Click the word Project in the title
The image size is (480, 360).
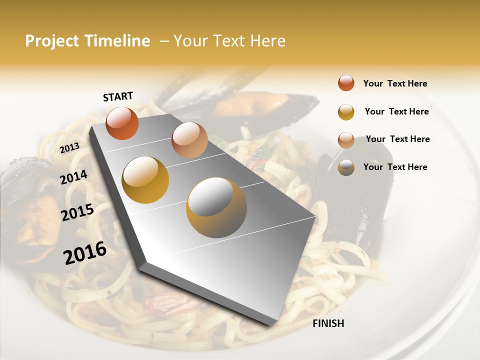click(52, 41)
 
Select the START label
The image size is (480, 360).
click(118, 96)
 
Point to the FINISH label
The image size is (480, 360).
click(328, 323)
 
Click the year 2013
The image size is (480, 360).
click(69, 147)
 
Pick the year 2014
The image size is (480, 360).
click(74, 177)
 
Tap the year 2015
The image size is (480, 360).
click(77, 212)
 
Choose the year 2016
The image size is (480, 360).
click(85, 252)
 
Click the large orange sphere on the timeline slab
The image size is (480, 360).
click(122, 123)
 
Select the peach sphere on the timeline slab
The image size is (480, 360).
click(189, 140)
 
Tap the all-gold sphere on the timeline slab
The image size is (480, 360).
click(145, 180)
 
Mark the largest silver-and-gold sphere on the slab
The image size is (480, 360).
click(216, 207)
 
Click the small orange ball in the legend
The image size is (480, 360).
click(346, 83)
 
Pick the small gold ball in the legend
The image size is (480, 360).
click(346, 112)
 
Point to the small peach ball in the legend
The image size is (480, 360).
click(346, 140)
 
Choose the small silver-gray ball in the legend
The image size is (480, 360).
click(346, 167)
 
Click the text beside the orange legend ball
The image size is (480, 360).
click(395, 83)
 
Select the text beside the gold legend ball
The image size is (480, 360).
click(396, 111)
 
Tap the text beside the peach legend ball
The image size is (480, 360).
click(397, 139)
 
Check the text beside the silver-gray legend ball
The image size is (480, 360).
click(395, 167)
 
